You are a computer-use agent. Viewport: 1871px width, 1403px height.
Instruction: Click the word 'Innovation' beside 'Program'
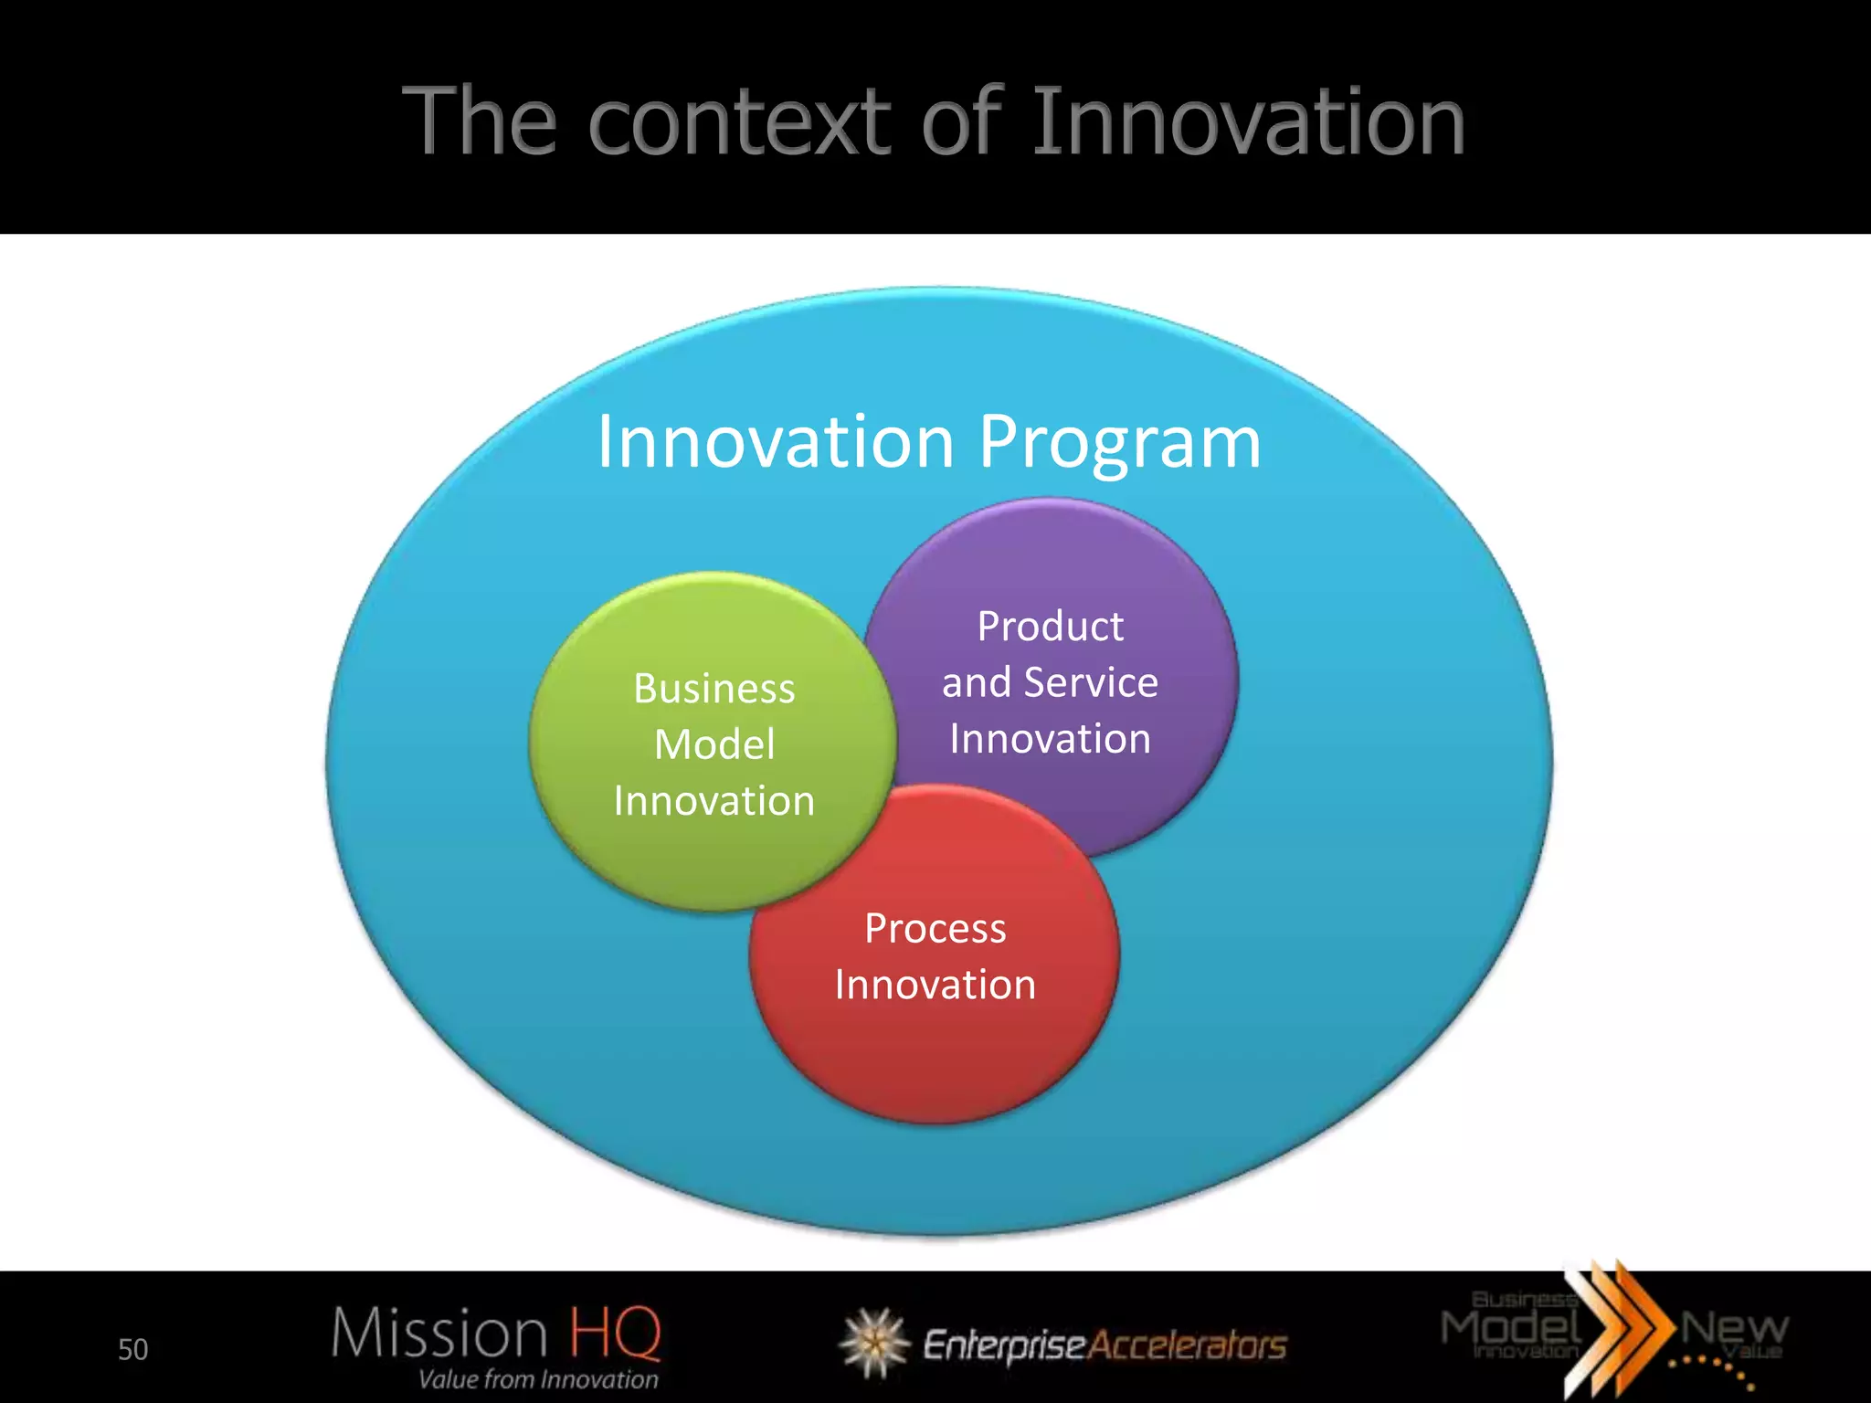click(x=776, y=442)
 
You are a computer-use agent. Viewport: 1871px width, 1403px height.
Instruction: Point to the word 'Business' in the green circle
click(x=714, y=689)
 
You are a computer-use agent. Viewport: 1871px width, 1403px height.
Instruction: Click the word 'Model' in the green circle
click(x=714, y=744)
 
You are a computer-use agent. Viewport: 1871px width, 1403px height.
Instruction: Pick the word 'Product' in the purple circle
click(x=1050, y=627)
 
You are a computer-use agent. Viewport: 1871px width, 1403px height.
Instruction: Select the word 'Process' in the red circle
click(x=935, y=929)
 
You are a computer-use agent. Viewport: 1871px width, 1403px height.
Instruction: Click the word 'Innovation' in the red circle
click(x=935, y=986)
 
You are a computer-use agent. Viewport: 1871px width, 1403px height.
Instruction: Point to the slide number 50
click(x=132, y=1350)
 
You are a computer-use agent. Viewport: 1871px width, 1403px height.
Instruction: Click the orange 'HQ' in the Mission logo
click(x=615, y=1333)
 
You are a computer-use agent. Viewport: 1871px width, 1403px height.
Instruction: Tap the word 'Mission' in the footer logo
click(x=439, y=1333)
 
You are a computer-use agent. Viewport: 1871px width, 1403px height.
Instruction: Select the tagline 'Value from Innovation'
click(x=538, y=1379)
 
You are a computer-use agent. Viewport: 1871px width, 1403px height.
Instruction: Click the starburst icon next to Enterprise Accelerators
click(x=874, y=1342)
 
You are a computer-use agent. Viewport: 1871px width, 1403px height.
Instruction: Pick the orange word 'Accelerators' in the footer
click(x=1188, y=1345)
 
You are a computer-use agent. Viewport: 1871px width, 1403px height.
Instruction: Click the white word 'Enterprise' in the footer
click(x=1003, y=1345)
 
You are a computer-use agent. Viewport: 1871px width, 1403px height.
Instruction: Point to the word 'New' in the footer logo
click(x=1733, y=1327)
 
